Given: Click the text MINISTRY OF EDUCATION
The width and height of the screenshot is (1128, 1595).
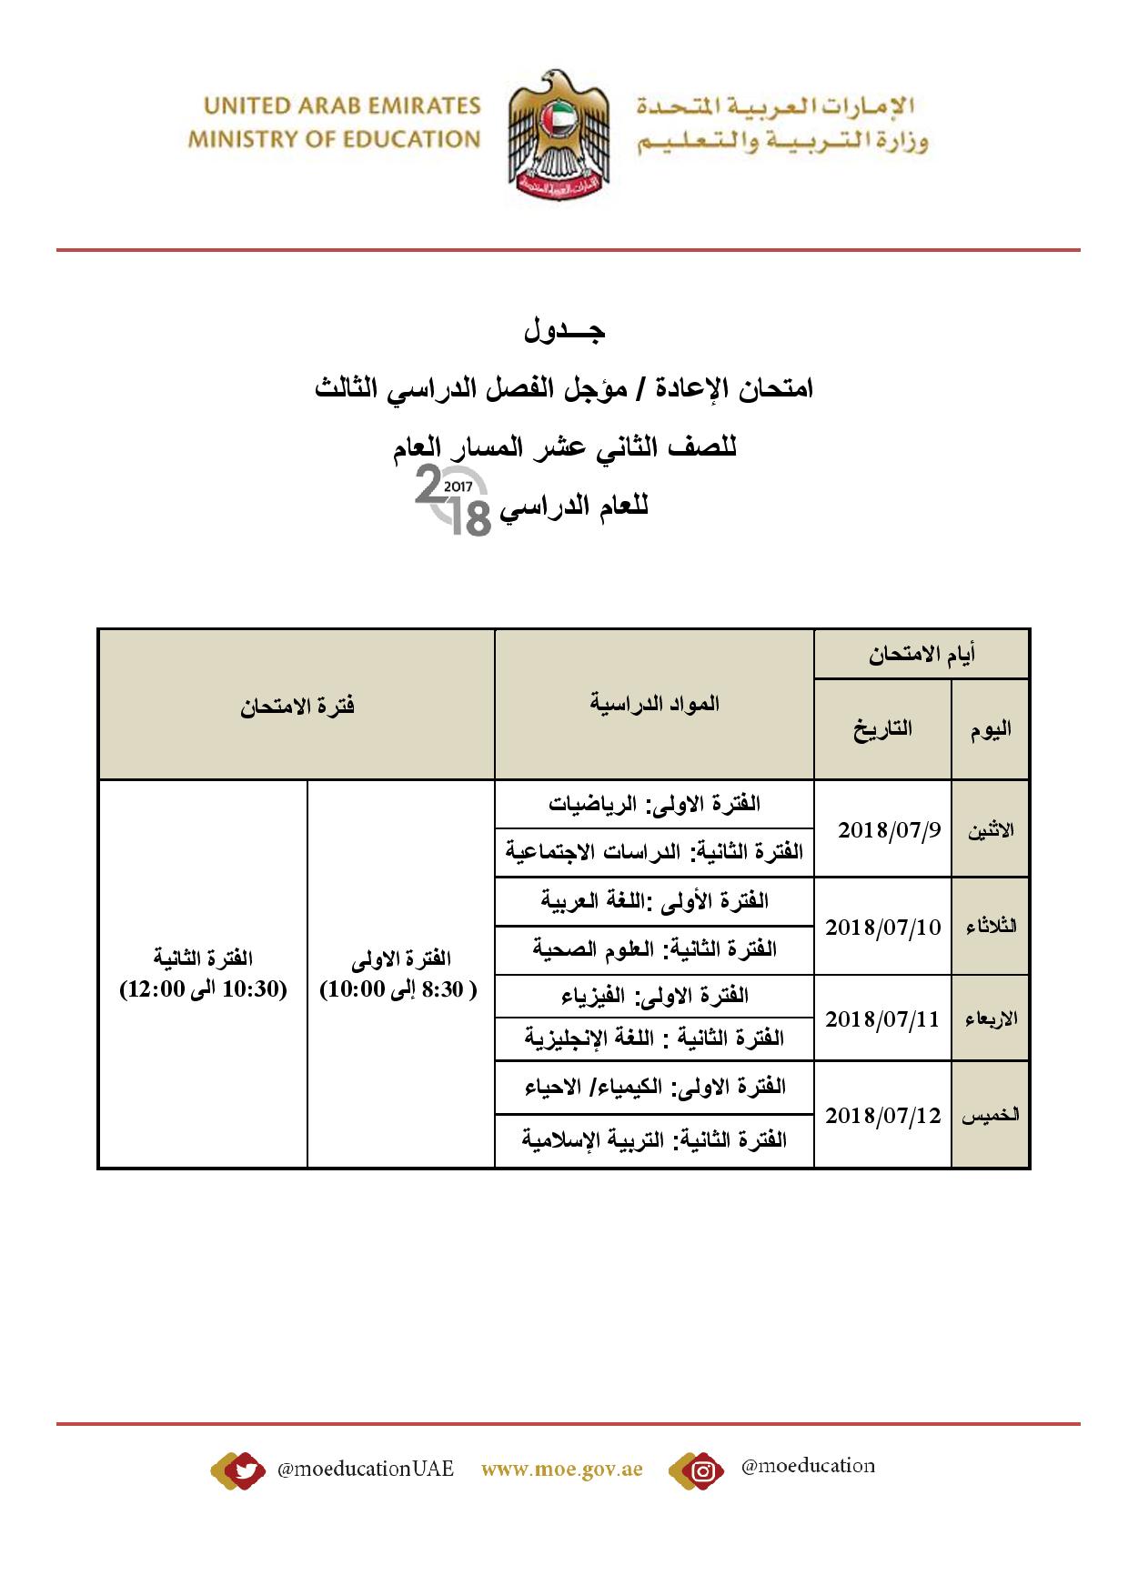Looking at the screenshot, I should (334, 139).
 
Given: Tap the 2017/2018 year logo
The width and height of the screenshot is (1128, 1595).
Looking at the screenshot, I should (453, 499).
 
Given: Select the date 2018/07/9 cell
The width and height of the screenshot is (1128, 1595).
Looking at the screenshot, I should (881, 829).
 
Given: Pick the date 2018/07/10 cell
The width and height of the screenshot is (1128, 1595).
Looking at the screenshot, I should (881, 927).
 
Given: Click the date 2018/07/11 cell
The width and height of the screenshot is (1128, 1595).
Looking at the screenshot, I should (881, 1018).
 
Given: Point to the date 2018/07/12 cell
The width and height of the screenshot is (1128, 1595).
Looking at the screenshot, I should (881, 1115).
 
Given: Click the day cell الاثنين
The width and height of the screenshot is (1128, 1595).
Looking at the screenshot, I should (991, 830).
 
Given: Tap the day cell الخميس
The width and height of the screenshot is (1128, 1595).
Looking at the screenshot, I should (991, 1116).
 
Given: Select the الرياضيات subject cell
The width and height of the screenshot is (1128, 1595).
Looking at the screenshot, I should (654, 804).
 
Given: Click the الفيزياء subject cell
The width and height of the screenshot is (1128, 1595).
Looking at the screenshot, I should (654, 995).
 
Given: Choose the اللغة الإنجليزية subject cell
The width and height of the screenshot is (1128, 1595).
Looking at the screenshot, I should (654, 1038).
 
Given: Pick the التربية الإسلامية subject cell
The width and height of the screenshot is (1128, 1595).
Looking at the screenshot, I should (654, 1139).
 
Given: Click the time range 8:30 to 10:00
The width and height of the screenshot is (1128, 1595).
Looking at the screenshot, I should (398, 989).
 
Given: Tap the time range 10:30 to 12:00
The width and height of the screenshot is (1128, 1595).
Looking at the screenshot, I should (204, 989).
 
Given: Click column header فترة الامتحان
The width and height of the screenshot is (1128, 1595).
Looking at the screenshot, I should (297, 706).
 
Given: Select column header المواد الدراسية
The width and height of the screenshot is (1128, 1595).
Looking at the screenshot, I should (654, 703).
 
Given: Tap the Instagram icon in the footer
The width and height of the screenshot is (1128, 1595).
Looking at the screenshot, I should (702, 1470).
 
